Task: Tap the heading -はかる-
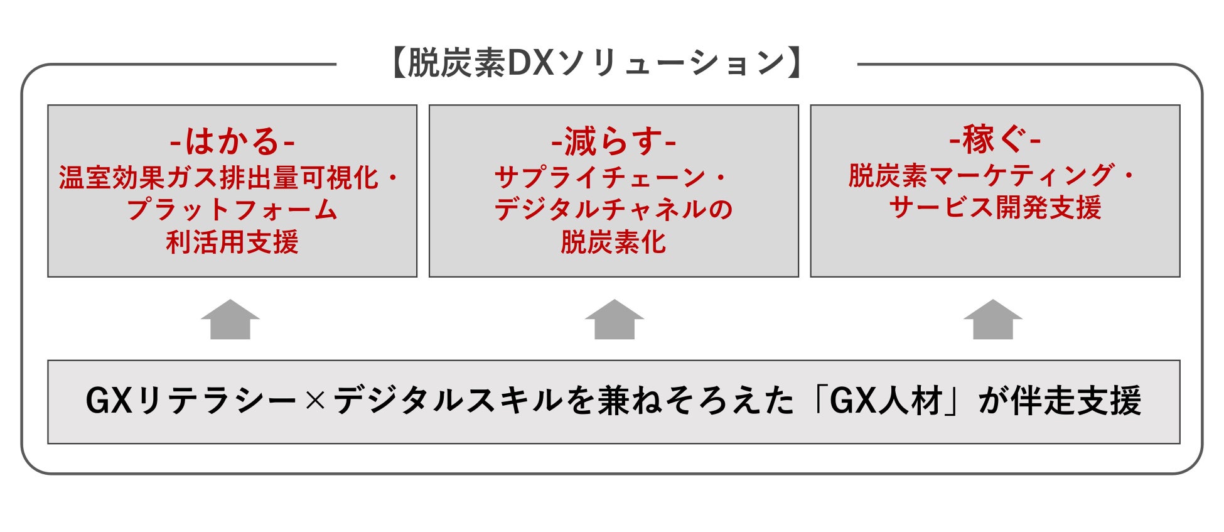232,141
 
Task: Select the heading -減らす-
613,141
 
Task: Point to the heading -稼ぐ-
995,139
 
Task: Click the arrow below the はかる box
230,320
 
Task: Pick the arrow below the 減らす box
614,320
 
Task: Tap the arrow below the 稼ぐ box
993,320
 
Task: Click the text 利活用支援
232,242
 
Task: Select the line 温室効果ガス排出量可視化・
230,178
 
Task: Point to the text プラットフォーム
232,210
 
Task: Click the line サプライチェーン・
612,178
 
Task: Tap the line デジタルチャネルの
613,210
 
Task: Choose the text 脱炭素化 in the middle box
613,242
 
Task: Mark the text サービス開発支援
995,207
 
